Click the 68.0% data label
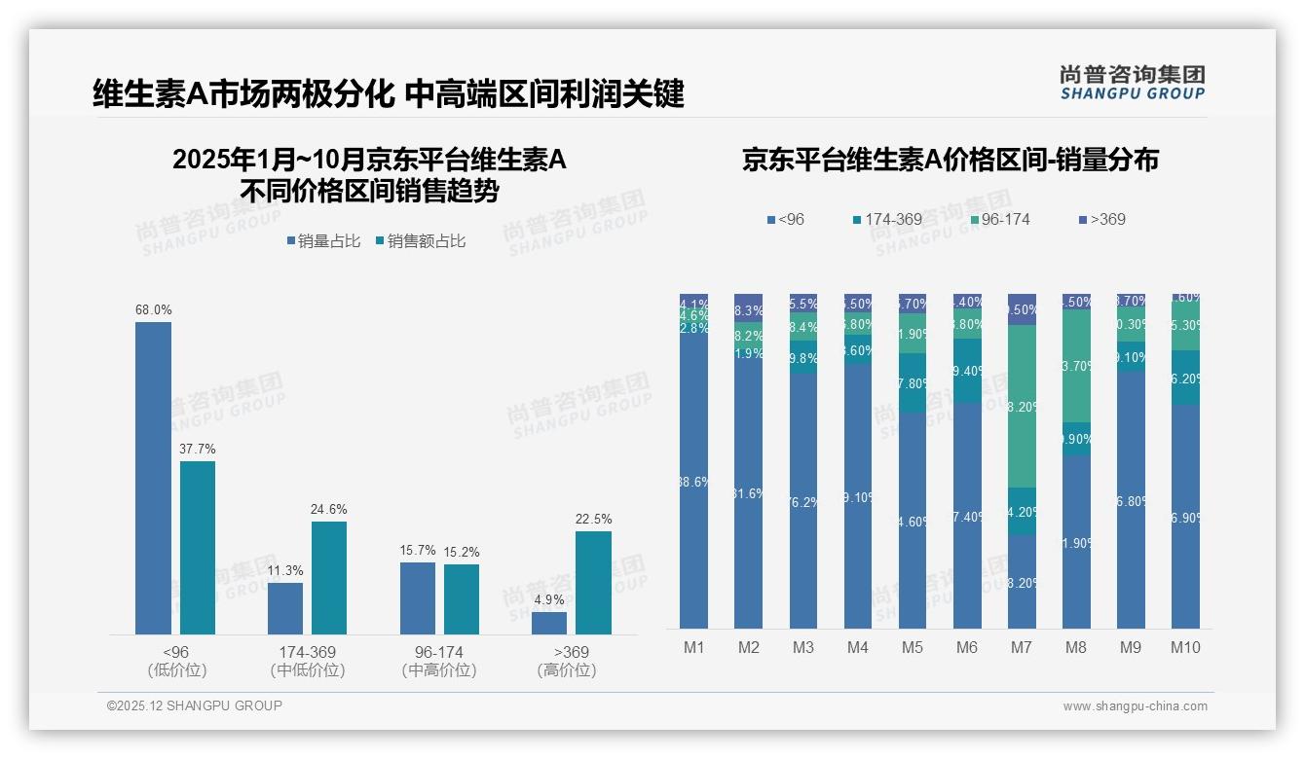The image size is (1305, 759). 154,310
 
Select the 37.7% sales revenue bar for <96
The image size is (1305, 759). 198,548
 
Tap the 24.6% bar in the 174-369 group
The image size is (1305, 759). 329,578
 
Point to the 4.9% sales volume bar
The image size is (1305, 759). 549,623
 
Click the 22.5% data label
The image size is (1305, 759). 593,520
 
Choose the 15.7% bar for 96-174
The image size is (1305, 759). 418,598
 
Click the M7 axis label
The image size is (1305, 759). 1022,647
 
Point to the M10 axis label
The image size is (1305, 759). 1184,647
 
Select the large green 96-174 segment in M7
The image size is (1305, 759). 1022,406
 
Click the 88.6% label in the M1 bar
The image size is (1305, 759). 693,482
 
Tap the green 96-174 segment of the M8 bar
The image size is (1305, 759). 1076,365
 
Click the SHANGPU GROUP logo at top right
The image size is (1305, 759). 1132,82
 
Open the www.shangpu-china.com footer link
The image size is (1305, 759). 1135,706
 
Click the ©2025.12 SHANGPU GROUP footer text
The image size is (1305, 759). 194,705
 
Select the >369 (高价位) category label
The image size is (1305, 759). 566,661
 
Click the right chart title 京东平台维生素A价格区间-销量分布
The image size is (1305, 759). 950,160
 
